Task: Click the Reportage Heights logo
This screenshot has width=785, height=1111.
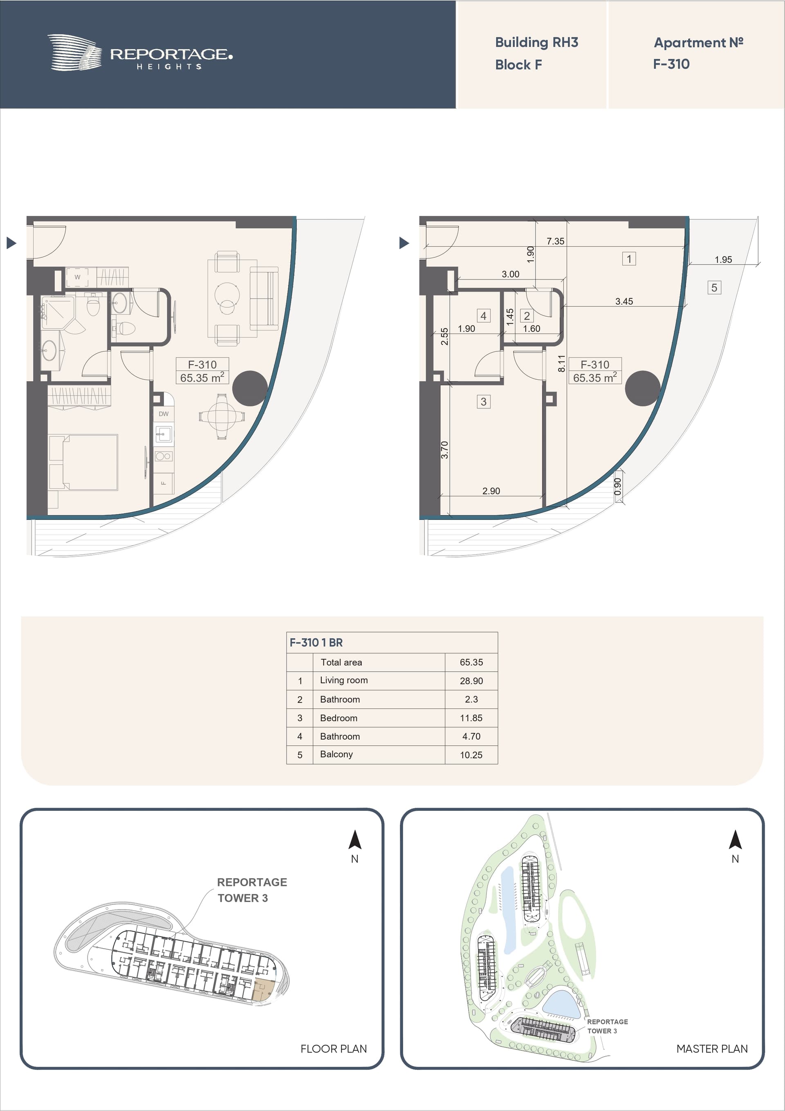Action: (140, 53)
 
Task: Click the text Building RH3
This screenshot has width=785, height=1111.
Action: (536, 43)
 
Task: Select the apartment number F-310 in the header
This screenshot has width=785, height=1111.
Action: (671, 64)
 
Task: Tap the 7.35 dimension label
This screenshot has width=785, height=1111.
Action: (555, 241)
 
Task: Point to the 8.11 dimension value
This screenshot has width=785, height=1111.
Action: (561, 363)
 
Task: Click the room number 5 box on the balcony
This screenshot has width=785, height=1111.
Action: (714, 288)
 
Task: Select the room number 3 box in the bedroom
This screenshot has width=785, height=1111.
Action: (483, 402)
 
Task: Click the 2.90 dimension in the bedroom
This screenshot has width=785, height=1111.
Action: (491, 490)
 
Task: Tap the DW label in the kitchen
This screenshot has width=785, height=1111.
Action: (164, 414)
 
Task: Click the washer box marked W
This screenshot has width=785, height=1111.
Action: (77, 277)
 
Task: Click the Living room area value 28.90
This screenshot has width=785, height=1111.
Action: (471, 681)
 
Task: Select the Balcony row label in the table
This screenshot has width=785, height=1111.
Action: (336, 754)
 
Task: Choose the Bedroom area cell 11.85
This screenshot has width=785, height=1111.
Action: (471, 718)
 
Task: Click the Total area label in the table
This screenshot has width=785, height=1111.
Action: (341, 662)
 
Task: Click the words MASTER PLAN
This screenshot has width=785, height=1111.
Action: (712, 1048)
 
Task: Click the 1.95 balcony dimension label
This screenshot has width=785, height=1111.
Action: (723, 259)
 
